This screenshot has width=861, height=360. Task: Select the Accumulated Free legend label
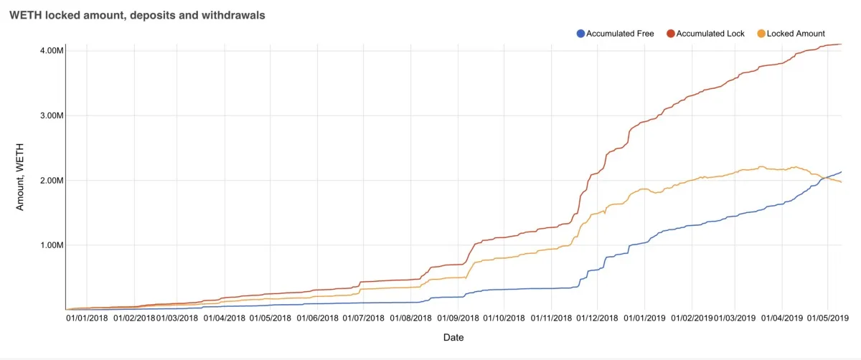click(620, 34)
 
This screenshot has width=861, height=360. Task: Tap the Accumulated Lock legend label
click(710, 34)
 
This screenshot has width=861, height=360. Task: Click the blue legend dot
click(580, 34)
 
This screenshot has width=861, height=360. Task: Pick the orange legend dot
click(761, 34)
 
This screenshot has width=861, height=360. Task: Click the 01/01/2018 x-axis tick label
click(88, 317)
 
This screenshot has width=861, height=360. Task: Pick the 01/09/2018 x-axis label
click(457, 317)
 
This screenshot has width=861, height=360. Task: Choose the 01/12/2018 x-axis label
click(597, 317)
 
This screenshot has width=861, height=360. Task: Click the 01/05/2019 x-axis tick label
click(827, 317)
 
